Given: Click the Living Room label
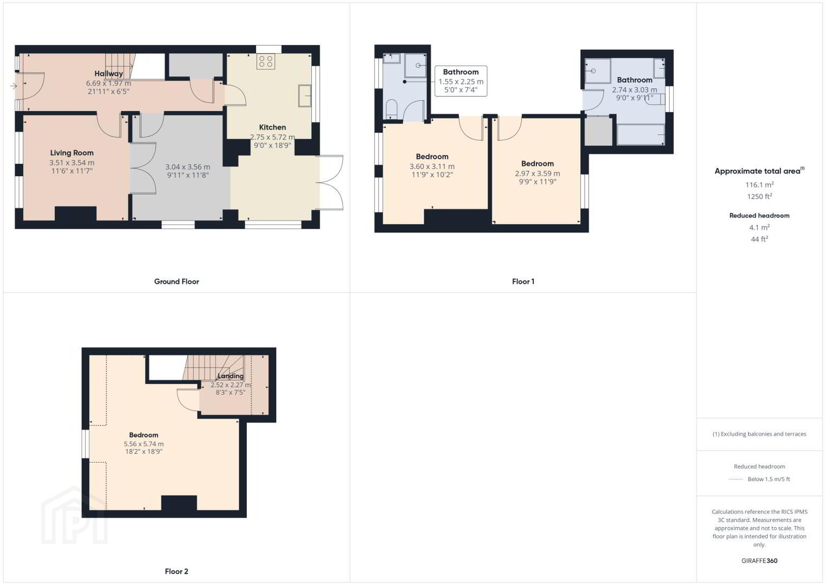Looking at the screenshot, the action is click(x=72, y=153).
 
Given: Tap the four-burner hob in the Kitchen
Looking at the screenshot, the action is click(x=266, y=62).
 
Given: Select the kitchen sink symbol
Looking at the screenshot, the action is click(x=305, y=95).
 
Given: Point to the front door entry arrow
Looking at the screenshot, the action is click(x=14, y=86).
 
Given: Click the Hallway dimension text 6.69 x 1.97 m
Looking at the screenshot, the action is click(x=108, y=83).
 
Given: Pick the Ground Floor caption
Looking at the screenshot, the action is click(x=176, y=282).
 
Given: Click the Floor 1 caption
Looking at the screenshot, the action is click(x=523, y=282).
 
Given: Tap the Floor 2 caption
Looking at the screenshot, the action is click(x=176, y=571).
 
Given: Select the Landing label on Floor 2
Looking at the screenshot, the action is click(x=231, y=376).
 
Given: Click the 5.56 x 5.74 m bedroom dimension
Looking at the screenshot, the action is click(x=144, y=444).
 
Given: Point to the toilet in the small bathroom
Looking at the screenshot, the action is click(x=391, y=109).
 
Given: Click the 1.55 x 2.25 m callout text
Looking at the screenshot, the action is click(x=461, y=82).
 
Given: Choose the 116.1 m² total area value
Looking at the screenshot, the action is click(x=759, y=185).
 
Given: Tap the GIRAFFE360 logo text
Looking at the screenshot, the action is click(x=759, y=561).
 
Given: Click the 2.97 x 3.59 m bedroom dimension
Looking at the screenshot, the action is click(x=537, y=173).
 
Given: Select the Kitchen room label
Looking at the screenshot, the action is click(x=272, y=127).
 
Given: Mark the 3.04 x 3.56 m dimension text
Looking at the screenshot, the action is click(x=188, y=167).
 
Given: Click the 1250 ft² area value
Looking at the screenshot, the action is click(x=759, y=196).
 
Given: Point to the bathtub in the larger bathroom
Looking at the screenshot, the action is click(x=640, y=134).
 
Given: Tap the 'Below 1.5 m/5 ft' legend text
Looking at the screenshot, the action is click(x=769, y=479).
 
